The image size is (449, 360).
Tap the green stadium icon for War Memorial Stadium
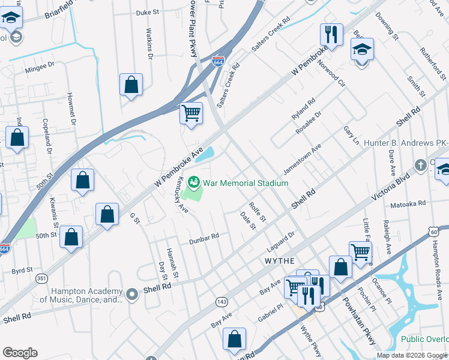194,181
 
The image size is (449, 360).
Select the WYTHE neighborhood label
280,261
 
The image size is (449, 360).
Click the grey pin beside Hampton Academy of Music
133,294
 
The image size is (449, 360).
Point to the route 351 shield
41,278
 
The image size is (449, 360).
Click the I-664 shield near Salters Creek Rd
218,62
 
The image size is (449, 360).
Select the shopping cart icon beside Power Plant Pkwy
191,112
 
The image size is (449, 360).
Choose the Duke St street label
148,12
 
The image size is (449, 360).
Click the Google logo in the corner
20,352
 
